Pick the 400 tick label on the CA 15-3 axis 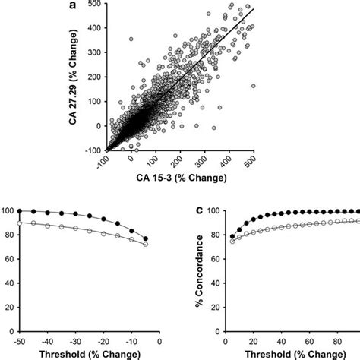(x=226, y=162)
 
